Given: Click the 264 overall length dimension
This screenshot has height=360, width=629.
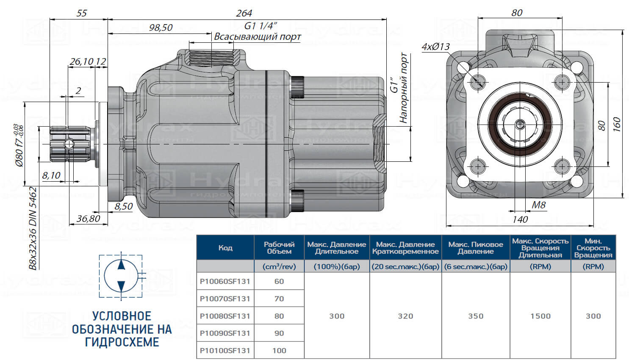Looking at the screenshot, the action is (x=244, y=13).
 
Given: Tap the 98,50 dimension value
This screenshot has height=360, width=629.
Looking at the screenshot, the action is (x=161, y=28).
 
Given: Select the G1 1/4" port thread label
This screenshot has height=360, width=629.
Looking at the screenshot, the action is (x=261, y=25).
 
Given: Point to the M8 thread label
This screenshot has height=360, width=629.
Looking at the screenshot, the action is (x=539, y=205).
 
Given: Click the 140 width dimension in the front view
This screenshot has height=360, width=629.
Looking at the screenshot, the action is (x=520, y=219).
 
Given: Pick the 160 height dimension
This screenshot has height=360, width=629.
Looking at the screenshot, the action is (x=616, y=125).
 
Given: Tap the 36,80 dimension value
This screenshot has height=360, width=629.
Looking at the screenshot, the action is (x=89, y=219).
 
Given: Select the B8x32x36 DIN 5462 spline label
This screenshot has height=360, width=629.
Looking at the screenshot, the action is (x=33, y=228).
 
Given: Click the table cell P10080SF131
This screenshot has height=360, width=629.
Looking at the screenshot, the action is (x=225, y=316).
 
